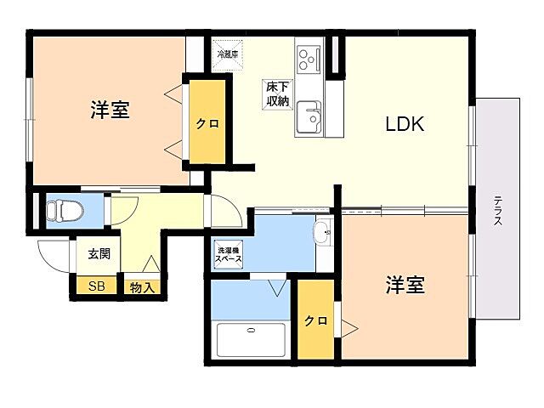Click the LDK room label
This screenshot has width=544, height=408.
405,124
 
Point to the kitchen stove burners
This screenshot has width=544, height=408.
307,59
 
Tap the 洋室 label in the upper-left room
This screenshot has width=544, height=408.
110,110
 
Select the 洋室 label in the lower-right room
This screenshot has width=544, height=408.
405,285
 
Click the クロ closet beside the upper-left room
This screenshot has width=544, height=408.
208,123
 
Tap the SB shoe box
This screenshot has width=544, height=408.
97,286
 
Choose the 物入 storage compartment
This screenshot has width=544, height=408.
142,287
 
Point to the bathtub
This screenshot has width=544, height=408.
251,340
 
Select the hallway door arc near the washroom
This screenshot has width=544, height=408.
220,212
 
